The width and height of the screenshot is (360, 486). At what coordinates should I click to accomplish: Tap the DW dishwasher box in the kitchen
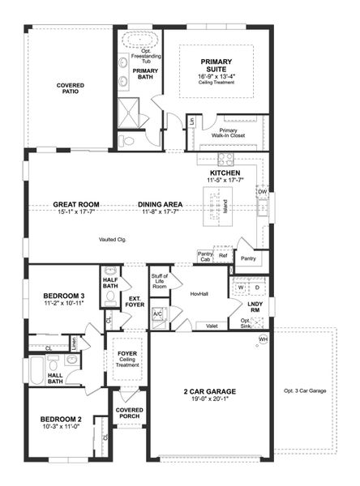point(262,192)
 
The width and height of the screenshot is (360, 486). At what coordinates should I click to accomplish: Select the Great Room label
point(76,205)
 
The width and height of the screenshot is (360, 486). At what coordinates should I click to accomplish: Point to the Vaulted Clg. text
point(113,240)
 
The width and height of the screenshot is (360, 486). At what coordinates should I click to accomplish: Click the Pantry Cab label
point(205,256)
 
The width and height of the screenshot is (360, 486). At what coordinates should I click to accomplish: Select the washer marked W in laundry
point(240,288)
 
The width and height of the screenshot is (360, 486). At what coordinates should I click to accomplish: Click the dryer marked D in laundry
point(257,288)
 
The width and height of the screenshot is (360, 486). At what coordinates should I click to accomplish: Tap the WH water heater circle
point(263,338)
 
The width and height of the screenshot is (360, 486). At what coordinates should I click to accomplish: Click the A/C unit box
point(158,313)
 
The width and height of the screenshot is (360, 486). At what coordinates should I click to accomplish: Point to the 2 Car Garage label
point(208,393)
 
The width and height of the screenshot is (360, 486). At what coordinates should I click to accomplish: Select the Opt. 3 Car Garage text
point(305,391)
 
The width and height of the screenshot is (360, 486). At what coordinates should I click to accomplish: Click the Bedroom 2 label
point(62,420)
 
